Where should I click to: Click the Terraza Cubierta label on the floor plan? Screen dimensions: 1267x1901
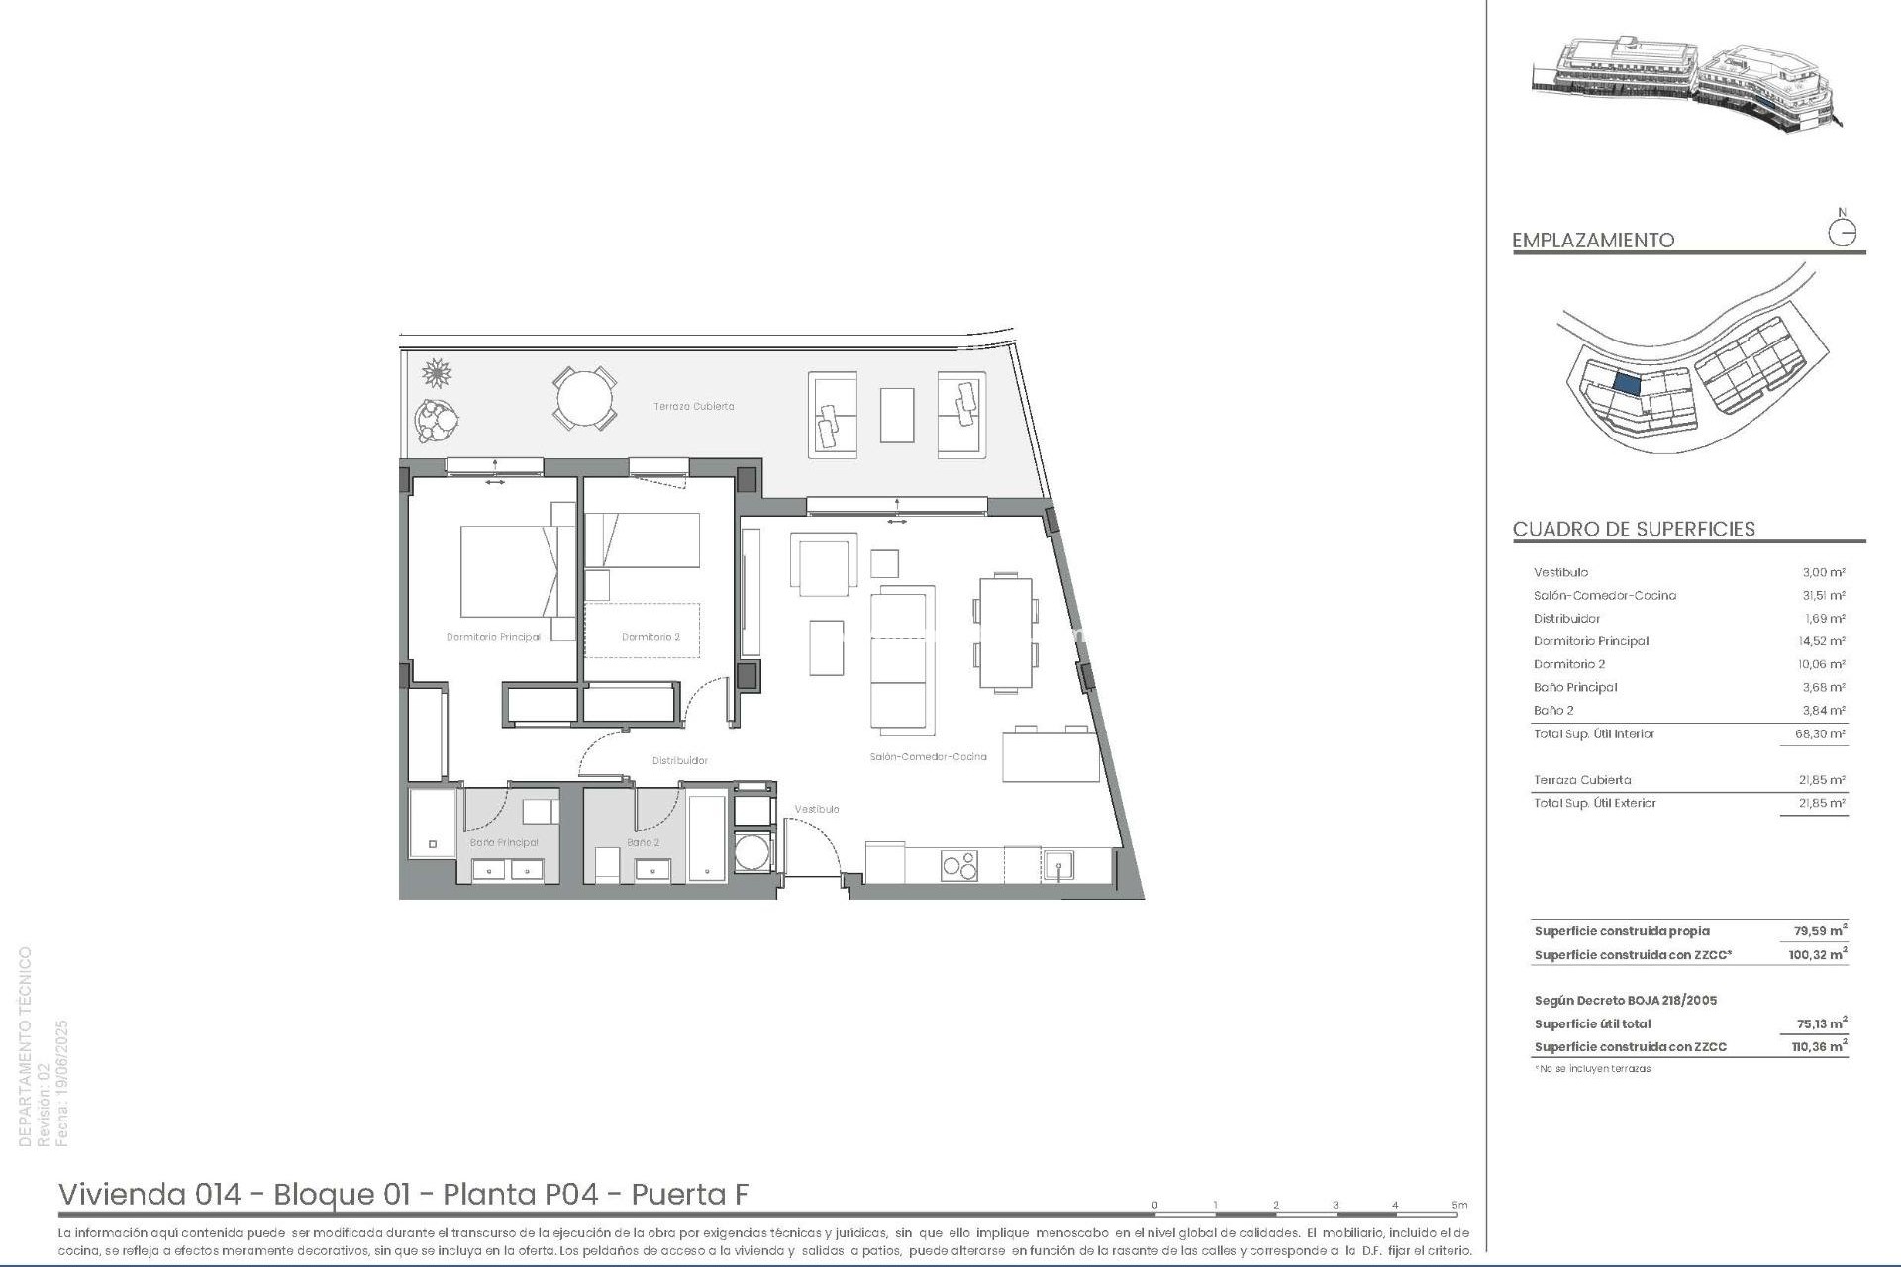point(693,407)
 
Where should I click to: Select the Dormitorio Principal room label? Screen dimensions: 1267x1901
point(493,637)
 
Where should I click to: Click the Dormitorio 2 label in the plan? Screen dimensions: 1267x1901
point(650,637)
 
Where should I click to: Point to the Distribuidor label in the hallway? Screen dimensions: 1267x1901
point(679,761)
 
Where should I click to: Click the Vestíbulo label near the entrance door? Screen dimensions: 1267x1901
point(817,809)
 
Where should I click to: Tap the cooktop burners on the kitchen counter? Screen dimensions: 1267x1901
point(958,865)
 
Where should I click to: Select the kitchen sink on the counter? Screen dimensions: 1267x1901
point(1058,866)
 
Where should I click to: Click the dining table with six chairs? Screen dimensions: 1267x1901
point(1005,633)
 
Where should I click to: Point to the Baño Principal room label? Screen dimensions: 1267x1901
point(504,843)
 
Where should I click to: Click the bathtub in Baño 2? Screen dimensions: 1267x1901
point(707,837)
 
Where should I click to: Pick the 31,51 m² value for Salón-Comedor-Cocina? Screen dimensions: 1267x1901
point(1823,596)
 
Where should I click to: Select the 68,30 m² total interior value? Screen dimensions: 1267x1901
point(1823,734)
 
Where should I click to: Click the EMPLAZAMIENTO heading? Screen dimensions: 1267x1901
point(1593,241)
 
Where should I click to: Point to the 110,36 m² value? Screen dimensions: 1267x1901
point(1819,1047)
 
